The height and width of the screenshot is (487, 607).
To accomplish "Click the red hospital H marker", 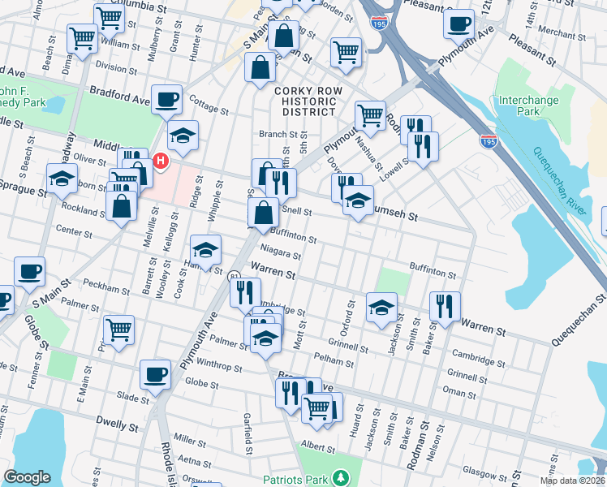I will point(161,162).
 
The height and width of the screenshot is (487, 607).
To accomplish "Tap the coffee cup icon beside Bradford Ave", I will point(167,99).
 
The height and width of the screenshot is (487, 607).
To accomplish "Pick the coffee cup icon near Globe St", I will point(156,374).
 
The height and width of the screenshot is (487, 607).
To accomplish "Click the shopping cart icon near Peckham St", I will point(119,330).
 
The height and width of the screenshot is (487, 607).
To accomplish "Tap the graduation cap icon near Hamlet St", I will point(205,249).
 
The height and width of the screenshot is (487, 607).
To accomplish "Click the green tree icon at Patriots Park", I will point(342,476).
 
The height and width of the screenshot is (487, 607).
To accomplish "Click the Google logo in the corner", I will point(27,477).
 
